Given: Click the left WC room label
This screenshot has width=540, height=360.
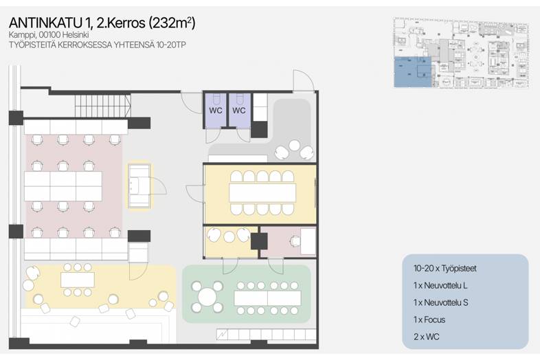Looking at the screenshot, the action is pyautogui.click(x=216, y=111).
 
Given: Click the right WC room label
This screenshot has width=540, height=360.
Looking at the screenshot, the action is pyautogui.click(x=239, y=111).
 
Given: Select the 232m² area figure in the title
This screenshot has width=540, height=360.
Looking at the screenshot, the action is pyautogui.click(x=172, y=23).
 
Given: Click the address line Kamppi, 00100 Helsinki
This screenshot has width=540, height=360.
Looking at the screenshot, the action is pyautogui.click(x=49, y=35).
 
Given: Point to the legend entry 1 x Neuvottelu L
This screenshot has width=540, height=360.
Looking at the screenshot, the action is pyautogui.click(x=440, y=285).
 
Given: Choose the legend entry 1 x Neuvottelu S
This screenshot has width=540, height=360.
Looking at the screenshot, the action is pyautogui.click(x=441, y=302).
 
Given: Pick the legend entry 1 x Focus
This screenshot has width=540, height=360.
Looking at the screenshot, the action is pyautogui.click(x=429, y=319).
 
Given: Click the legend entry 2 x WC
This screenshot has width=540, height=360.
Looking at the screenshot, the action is pyautogui.click(x=427, y=337).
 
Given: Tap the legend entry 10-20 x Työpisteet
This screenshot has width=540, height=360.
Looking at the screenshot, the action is pyautogui.click(x=445, y=269).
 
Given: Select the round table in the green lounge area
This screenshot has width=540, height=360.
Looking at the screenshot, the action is pyautogui.click(x=207, y=296).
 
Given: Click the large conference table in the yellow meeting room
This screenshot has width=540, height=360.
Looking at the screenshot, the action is pyautogui.click(x=262, y=193).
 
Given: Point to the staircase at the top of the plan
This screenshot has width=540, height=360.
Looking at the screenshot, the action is pyautogui.click(x=103, y=106).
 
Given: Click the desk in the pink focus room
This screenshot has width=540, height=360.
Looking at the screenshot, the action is pyautogui.click(x=308, y=242).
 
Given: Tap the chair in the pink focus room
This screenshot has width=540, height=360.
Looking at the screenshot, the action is pyautogui.click(x=295, y=242).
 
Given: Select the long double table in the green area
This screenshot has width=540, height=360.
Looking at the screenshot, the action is pyautogui.click(x=267, y=298).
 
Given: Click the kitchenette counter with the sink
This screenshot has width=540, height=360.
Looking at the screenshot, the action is pyautogui.click(x=139, y=186).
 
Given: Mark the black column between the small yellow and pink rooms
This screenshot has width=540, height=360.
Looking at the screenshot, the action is pyautogui.click(x=259, y=242).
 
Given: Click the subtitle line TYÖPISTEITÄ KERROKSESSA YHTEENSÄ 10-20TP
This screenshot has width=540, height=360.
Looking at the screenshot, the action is pyautogui.click(x=98, y=45).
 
